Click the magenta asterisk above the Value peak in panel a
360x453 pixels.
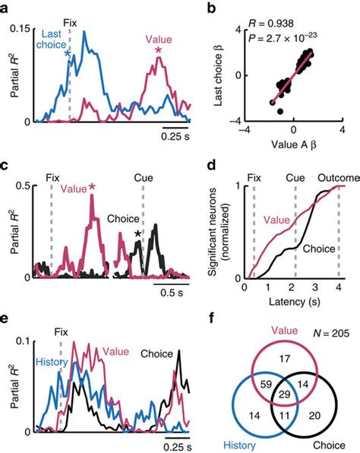[x=158, y=51]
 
